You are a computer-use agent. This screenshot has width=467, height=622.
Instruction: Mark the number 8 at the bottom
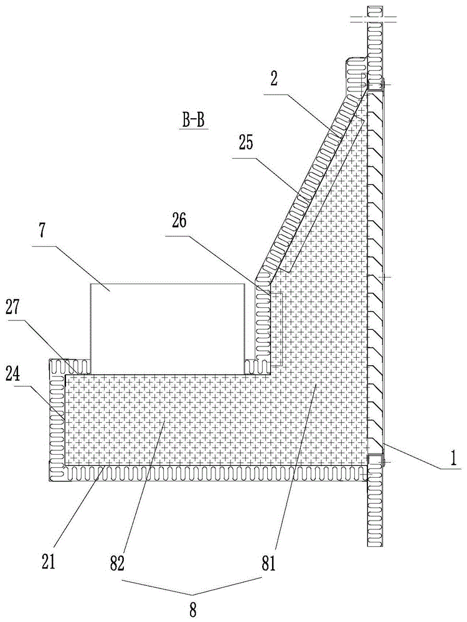click(x=192, y=609)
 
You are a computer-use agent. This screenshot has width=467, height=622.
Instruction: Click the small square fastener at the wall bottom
click(x=375, y=460)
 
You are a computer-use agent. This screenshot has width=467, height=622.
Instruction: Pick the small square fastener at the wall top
click(x=375, y=86)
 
